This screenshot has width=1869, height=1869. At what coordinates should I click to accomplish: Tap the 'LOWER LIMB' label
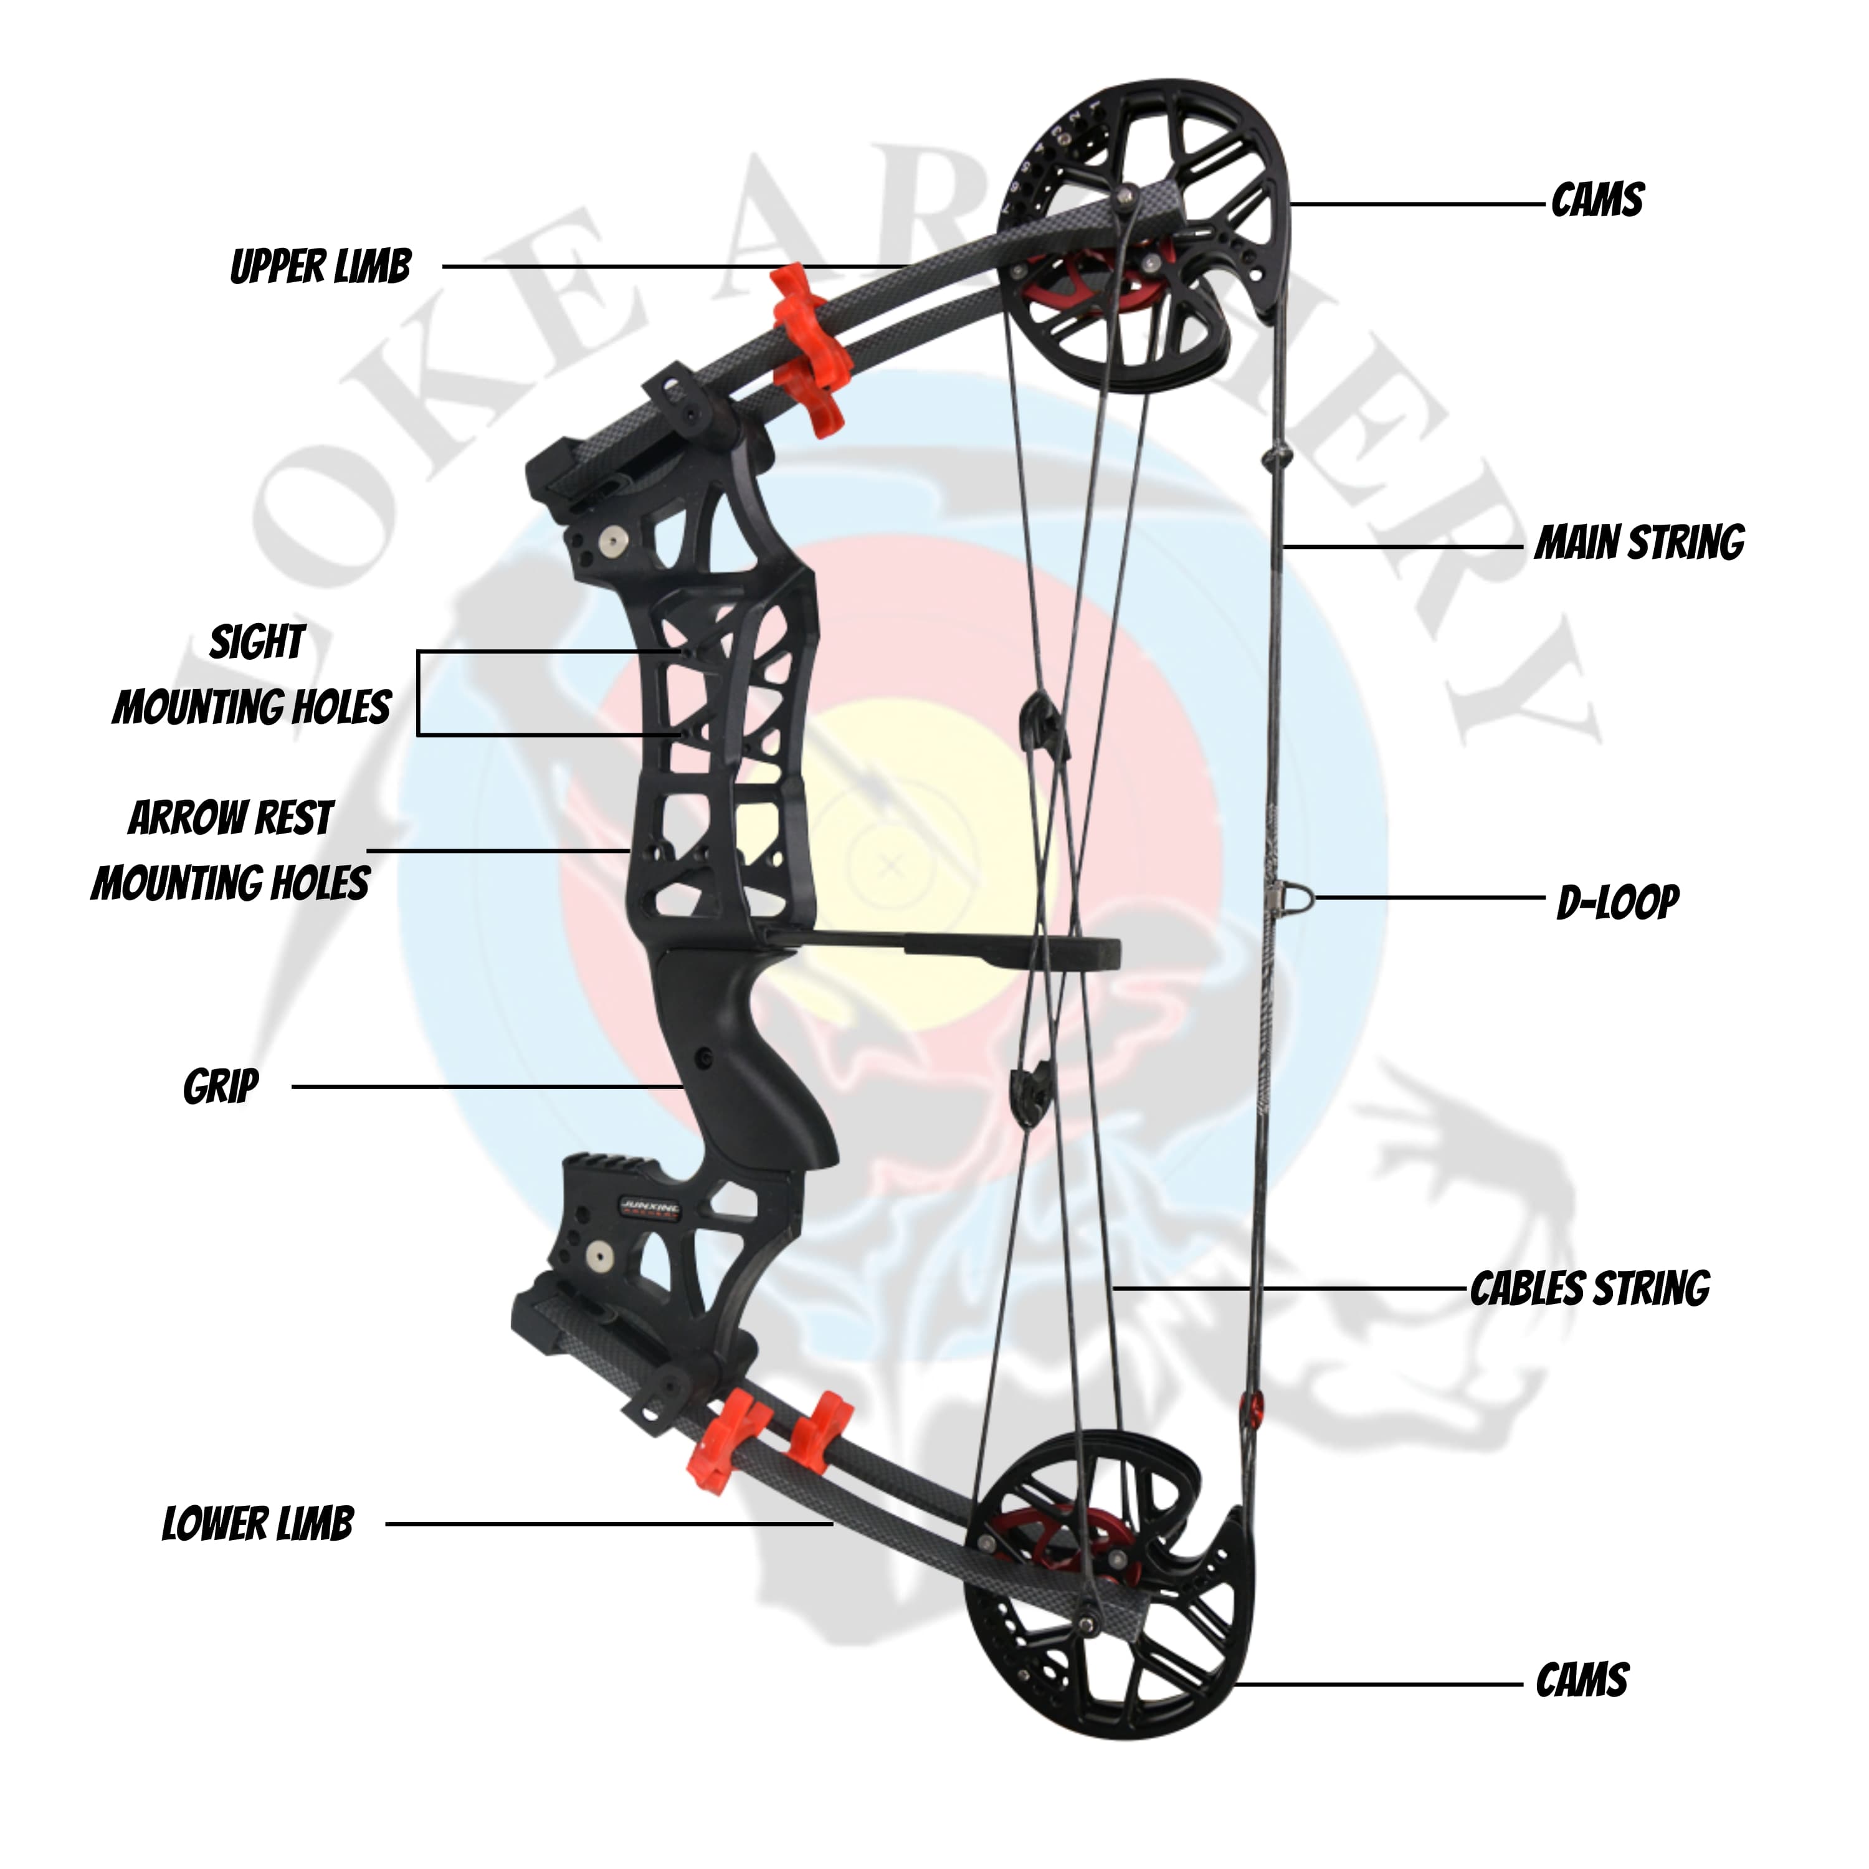pyautogui.click(x=257, y=1524)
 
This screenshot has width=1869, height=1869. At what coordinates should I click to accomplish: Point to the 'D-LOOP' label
pyautogui.click(x=1617, y=901)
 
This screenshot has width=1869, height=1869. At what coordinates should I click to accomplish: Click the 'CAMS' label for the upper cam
pyautogui.click(x=1597, y=200)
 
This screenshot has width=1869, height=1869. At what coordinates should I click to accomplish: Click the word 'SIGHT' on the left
pyautogui.click(x=257, y=642)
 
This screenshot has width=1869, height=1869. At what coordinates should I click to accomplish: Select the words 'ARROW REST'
pyautogui.click(x=231, y=819)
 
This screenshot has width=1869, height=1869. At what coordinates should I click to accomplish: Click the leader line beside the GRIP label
pyautogui.click(x=483, y=1087)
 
